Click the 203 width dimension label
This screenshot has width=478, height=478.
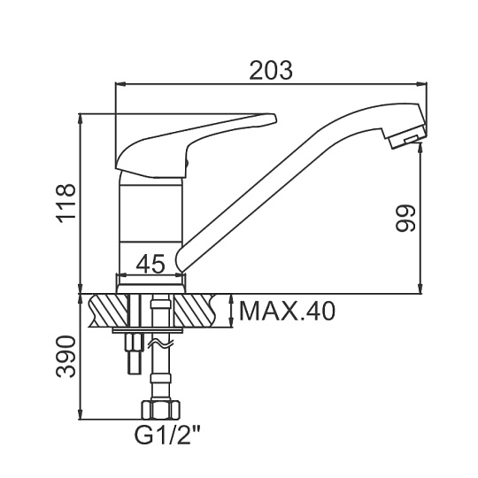coord(271,71)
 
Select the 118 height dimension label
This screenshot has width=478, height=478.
coord(65,204)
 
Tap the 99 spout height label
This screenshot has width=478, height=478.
coord(405,219)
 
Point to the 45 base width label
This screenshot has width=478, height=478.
coord(150,264)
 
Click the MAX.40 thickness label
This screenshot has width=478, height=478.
coord(287,311)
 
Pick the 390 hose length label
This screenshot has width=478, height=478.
coord(65,357)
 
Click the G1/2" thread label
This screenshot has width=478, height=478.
coord(167,436)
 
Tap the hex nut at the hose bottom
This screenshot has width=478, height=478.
coord(160,410)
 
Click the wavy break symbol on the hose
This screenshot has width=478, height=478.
coord(160,345)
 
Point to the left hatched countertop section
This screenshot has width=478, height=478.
coord(108,311)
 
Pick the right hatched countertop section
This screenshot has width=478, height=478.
coord(196,311)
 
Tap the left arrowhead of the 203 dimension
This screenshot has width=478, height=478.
coord(120,83)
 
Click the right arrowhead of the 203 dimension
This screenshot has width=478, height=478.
coord(422,83)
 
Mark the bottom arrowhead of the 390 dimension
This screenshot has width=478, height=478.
coord(81,414)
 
